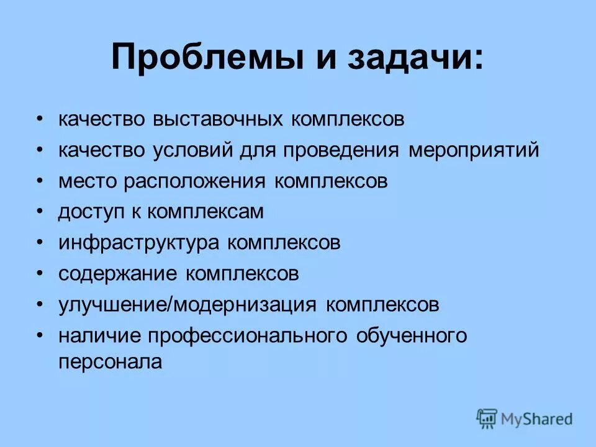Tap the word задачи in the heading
(x=412, y=58)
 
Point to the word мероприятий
(x=474, y=151)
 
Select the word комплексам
(x=206, y=212)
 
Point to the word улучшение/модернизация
(x=188, y=305)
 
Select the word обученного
(x=411, y=336)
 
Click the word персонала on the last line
(x=110, y=363)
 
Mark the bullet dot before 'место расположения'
(x=40, y=181)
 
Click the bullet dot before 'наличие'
(x=40, y=336)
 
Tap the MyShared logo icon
(x=487, y=418)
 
